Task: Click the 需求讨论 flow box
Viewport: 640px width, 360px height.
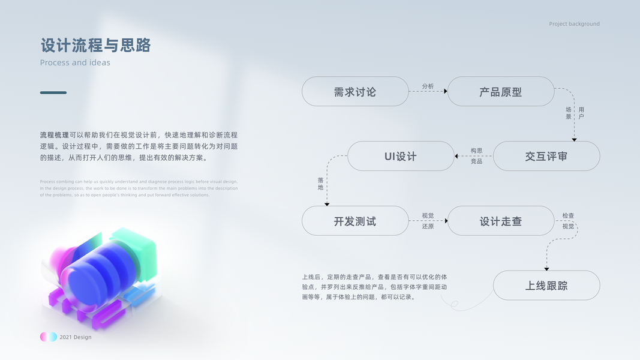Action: pos(355,92)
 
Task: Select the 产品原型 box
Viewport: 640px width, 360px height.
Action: pos(501,92)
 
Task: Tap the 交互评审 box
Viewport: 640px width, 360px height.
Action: pos(546,156)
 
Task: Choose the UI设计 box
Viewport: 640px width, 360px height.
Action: pos(401,156)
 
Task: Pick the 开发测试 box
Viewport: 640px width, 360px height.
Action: pos(355,221)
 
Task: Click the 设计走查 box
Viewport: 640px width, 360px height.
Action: pos(501,221)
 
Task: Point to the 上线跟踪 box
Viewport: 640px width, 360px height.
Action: pos(546,286)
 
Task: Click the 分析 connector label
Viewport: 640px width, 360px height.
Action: pos(428,86)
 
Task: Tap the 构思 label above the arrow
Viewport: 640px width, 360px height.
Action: pos(476,151)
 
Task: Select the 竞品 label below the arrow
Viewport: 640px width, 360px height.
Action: pos(476,161)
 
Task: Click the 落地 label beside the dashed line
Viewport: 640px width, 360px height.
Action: pos(320,184)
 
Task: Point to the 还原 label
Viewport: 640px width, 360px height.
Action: pos(428,226)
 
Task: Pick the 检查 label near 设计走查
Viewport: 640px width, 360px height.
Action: pos(568,215)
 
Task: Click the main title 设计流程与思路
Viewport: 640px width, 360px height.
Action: pos(95,46)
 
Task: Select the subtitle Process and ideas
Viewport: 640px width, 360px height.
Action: pos(75,62)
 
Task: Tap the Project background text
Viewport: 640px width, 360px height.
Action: pos(574,24)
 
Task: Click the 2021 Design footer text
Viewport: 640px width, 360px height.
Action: pos(76,337)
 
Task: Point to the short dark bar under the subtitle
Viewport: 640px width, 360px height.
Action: pos(53,92)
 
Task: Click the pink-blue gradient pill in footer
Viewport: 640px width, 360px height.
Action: pos(49,337)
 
